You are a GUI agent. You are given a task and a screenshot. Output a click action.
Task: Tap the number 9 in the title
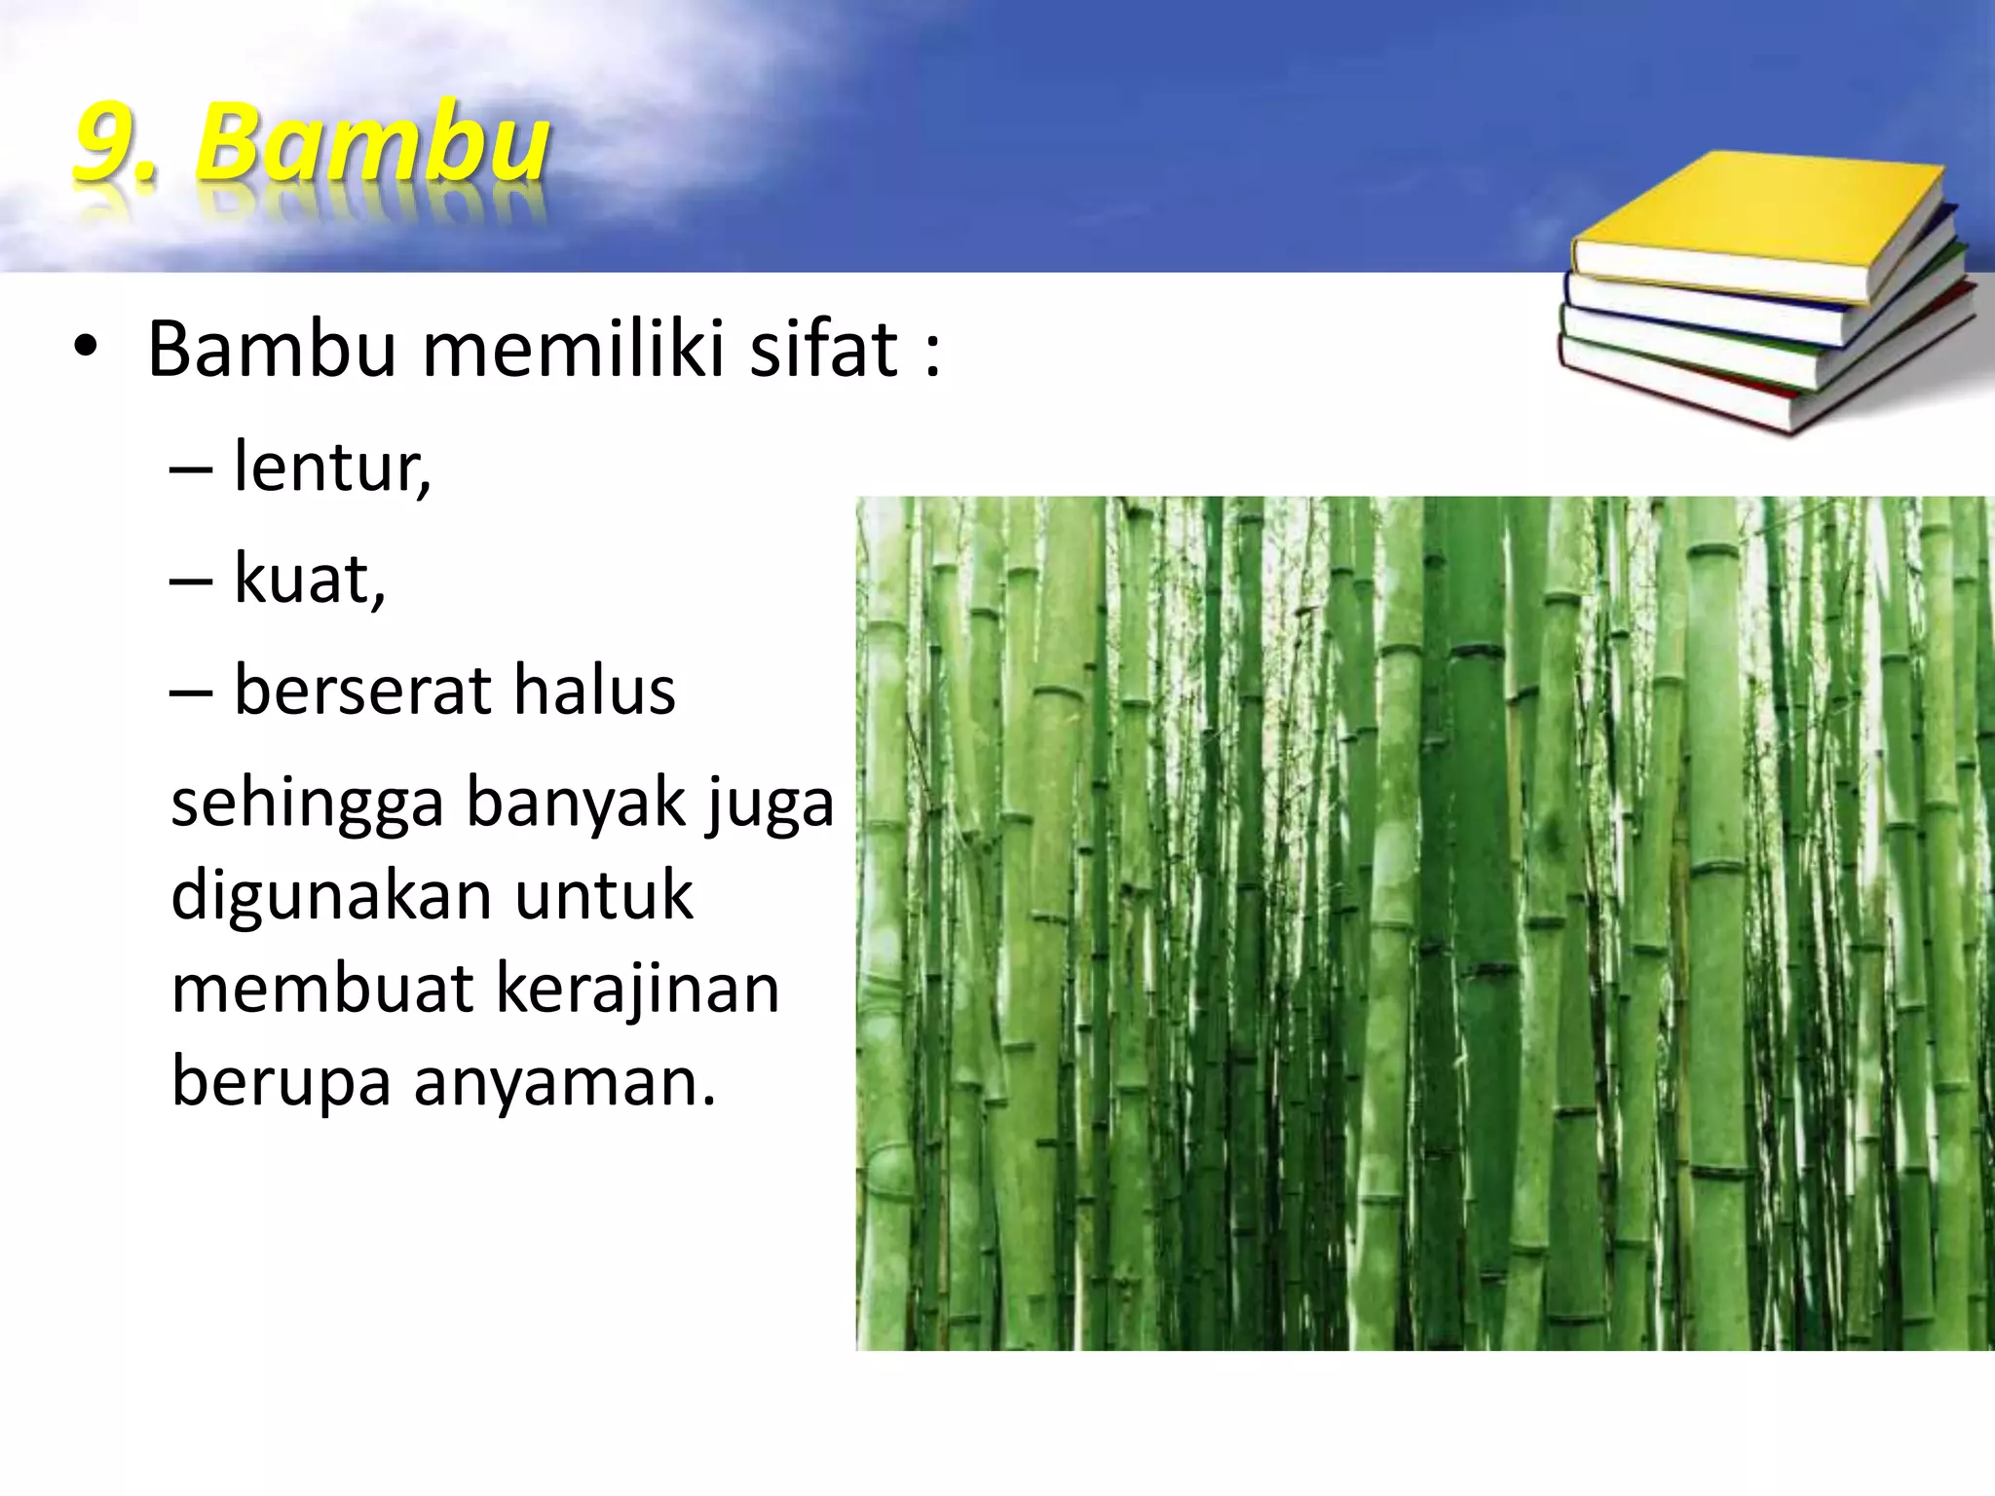point(105,144)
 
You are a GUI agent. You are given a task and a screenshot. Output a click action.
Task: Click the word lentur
point(332,467)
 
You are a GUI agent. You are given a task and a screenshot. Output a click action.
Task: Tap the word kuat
point(310,580)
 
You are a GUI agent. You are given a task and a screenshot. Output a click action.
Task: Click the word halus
point(594,691)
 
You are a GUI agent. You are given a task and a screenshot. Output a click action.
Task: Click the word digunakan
point(331,896)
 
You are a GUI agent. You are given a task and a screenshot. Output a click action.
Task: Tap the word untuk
point(604,896)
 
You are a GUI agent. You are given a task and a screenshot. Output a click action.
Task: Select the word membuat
point(322,989)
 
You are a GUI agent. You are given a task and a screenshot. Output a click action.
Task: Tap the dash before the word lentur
point(191,470)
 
